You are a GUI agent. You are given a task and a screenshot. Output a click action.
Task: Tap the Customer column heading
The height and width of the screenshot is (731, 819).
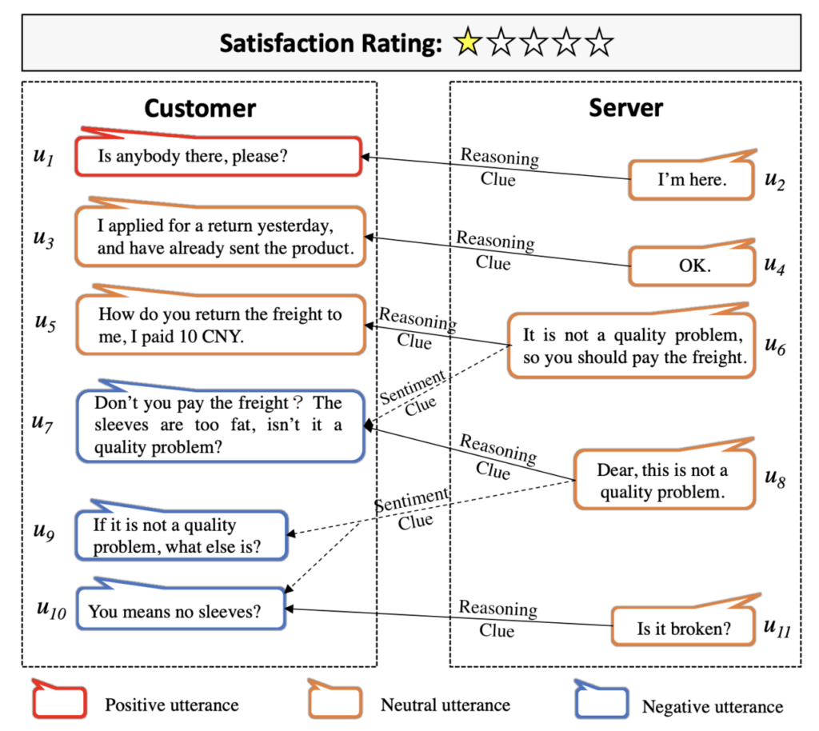point(200,109)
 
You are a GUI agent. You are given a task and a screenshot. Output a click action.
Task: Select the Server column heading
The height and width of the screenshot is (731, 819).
point(625,108)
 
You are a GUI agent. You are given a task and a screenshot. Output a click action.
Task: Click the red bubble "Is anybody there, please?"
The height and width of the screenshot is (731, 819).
point(218,157)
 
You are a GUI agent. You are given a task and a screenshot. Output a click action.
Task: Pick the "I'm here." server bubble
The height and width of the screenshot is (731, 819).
point(691,180)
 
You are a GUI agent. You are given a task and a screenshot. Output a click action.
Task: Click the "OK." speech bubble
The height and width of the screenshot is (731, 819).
point(692,266)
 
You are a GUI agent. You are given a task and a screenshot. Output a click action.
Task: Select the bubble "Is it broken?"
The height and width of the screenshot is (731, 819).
point(683,629)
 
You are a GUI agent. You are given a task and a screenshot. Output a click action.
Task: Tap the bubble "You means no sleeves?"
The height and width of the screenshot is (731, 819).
point(182,612)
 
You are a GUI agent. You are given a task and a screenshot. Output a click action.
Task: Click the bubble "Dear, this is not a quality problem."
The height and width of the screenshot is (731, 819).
point(663,480)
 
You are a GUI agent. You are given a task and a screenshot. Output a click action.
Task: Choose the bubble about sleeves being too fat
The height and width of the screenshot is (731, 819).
point(218,425)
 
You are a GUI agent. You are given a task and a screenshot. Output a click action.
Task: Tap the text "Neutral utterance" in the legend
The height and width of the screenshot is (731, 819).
point(445,705)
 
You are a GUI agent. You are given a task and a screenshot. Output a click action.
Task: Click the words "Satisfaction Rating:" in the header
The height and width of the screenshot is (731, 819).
point(330,43)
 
